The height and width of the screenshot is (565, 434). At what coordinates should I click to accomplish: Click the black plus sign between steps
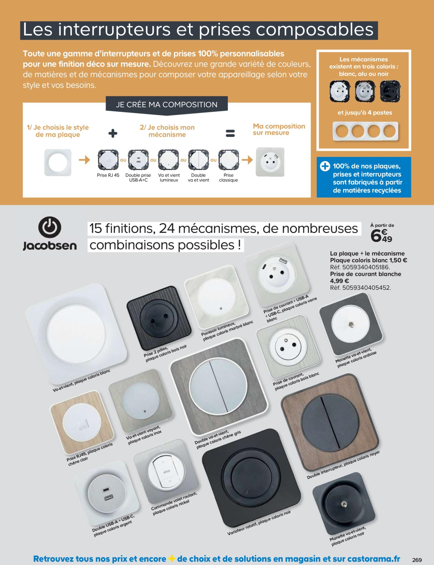click(x=113, y=134)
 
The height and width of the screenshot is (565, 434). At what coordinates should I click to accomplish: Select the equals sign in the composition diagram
click(x=230, y=133)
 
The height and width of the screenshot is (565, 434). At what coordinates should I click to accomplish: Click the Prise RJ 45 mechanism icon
click(x=108, y=160)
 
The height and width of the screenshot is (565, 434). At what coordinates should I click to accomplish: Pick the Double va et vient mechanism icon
click(x=198, y=160)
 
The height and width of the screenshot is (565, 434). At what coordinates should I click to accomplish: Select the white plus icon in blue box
click(x=324, y=166)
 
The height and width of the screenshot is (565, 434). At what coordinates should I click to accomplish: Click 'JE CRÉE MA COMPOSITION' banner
click(x=167, y=105)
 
